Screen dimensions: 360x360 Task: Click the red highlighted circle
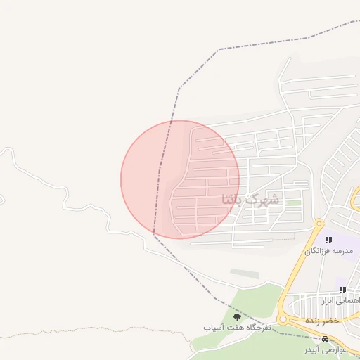pyautogui.click(x=180, y=179)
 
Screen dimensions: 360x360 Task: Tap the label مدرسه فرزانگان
pyautogui.click(x=328, y=251)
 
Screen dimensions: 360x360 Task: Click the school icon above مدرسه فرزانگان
pyautogui.click(x=328, y=240)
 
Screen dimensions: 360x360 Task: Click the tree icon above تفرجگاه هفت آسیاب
pyautogui.click(x=236, y=318)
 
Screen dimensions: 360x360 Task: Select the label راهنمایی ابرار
pyautogui.click(x=341, y=300)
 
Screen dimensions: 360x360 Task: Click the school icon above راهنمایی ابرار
pyautogui.click(x=342, y=290)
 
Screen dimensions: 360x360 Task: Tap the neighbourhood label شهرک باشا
pyautogui.click(x=250, y=199)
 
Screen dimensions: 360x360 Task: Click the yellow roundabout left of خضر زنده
pyautogui.click(x=283, y=319)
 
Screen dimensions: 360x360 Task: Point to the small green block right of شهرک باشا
pyautogui.click(x=293, y=202)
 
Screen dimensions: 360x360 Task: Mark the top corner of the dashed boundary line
pyautogui.click(x=219, y=49)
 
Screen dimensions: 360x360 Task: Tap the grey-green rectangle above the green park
pyautogui.click(x=244, y=273)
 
